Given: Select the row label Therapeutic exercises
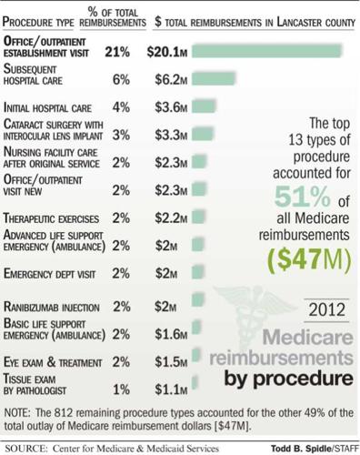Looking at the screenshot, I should (x=51, y=219).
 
